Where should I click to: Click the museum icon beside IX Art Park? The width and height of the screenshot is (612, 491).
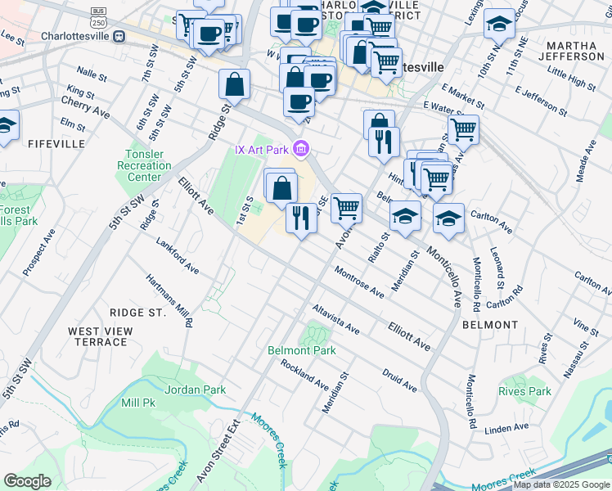pos(301,148)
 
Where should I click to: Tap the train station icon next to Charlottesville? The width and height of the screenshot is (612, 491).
pos(119,36)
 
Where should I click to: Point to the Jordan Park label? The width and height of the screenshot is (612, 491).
pos(196,390)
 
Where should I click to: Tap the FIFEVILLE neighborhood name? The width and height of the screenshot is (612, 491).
pos(56,143)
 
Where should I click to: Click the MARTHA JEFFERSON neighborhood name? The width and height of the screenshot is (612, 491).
pos(571,50)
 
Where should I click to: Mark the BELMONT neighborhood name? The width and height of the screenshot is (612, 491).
pos(490,325)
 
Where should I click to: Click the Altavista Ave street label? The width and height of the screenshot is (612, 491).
pos(335,319)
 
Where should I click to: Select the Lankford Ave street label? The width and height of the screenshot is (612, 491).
pos(177,255)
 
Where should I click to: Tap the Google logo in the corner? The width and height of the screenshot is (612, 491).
pos(27,480)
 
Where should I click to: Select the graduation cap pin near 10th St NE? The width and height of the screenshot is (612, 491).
pos(498,25)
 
